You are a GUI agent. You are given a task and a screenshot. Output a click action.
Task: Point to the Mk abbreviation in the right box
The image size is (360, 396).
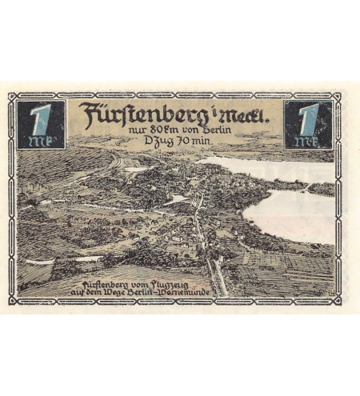click(307, 142)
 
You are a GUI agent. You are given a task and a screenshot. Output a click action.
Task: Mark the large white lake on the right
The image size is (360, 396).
click(288, 214)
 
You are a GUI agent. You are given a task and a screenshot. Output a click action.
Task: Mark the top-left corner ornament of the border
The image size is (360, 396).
click(14, 98)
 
